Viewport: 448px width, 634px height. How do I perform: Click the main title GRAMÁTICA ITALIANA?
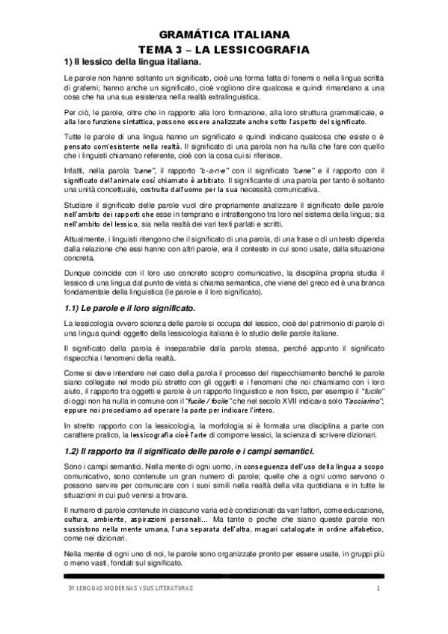pyautogui.click(x=224, y=34)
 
